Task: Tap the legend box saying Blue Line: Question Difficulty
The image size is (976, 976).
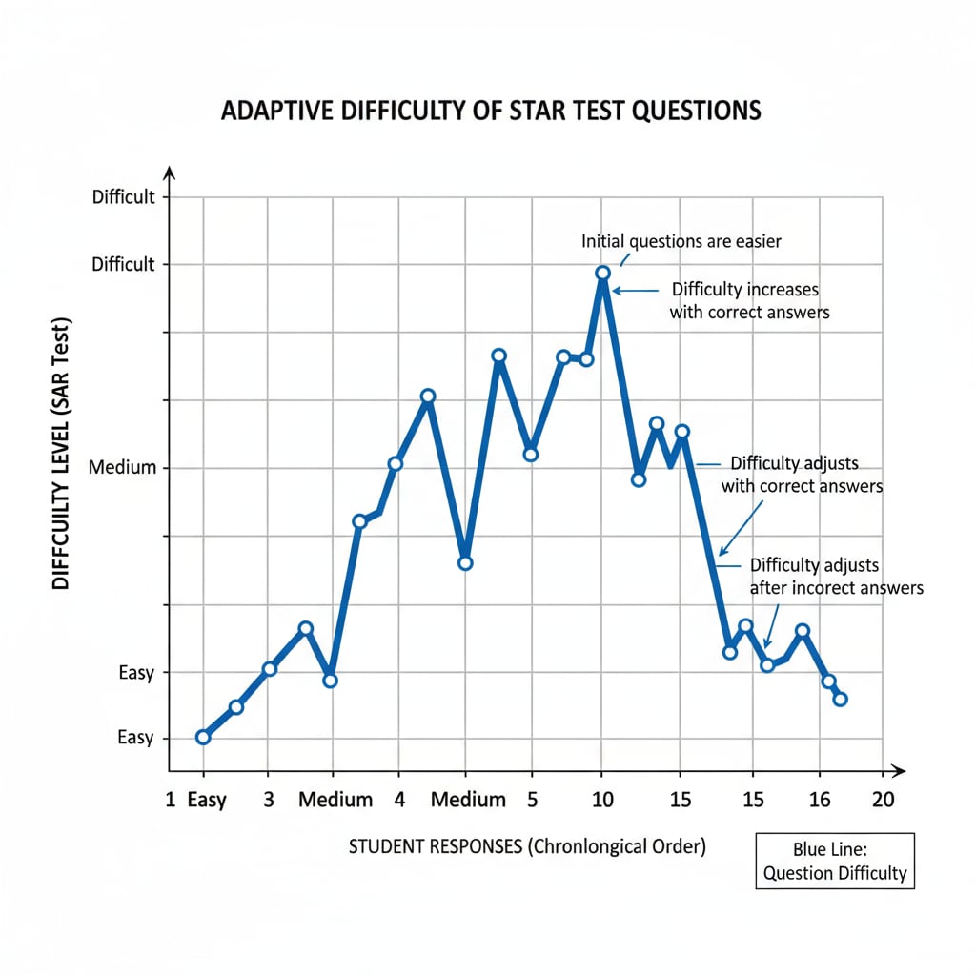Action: coord(835,861)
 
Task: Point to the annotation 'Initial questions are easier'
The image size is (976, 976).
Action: coord(681,241)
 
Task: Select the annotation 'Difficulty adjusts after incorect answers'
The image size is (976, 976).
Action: coord(837,577)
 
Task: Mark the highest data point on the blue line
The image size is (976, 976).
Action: coord(602,274)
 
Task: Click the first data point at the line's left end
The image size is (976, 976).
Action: coord(202,737)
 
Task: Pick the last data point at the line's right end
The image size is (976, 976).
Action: coord(840,700)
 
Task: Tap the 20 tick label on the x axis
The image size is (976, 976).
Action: coord(883,800)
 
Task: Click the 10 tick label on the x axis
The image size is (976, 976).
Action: coord(601,800)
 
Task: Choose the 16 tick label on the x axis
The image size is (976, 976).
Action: coord(817,800)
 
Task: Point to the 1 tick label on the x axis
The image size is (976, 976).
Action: coord(171,800)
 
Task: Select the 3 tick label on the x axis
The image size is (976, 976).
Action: coord(268,800)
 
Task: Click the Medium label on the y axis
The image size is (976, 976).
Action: coord(121,468)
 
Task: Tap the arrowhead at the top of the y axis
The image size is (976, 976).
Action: coord(170,172)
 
